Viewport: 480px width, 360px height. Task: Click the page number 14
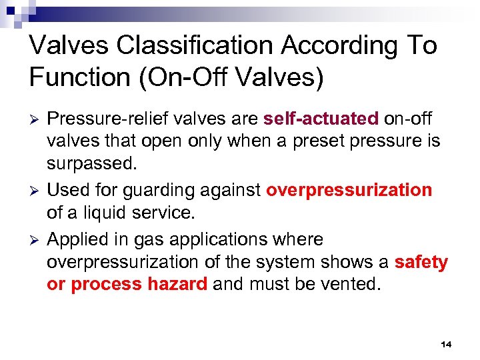click(x=446, y=344)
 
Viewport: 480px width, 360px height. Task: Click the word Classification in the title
click(x=192, y=46)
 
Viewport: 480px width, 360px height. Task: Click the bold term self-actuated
click(x=321, y=119)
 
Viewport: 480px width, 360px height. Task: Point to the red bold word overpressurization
click(x=349, y=191)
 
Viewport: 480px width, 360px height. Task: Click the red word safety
click(x=421, y=263)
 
